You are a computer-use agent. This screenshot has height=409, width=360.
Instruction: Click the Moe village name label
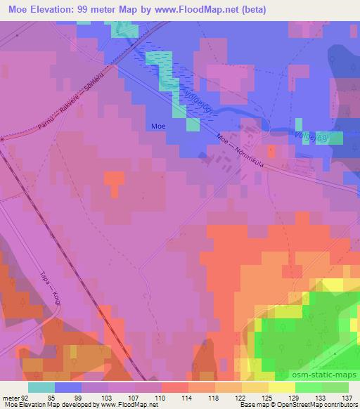click(158, 126)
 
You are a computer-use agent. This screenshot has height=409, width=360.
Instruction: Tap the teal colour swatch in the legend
click(41, 387)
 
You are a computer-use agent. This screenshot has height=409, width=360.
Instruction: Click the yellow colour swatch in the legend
click(282, 387)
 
